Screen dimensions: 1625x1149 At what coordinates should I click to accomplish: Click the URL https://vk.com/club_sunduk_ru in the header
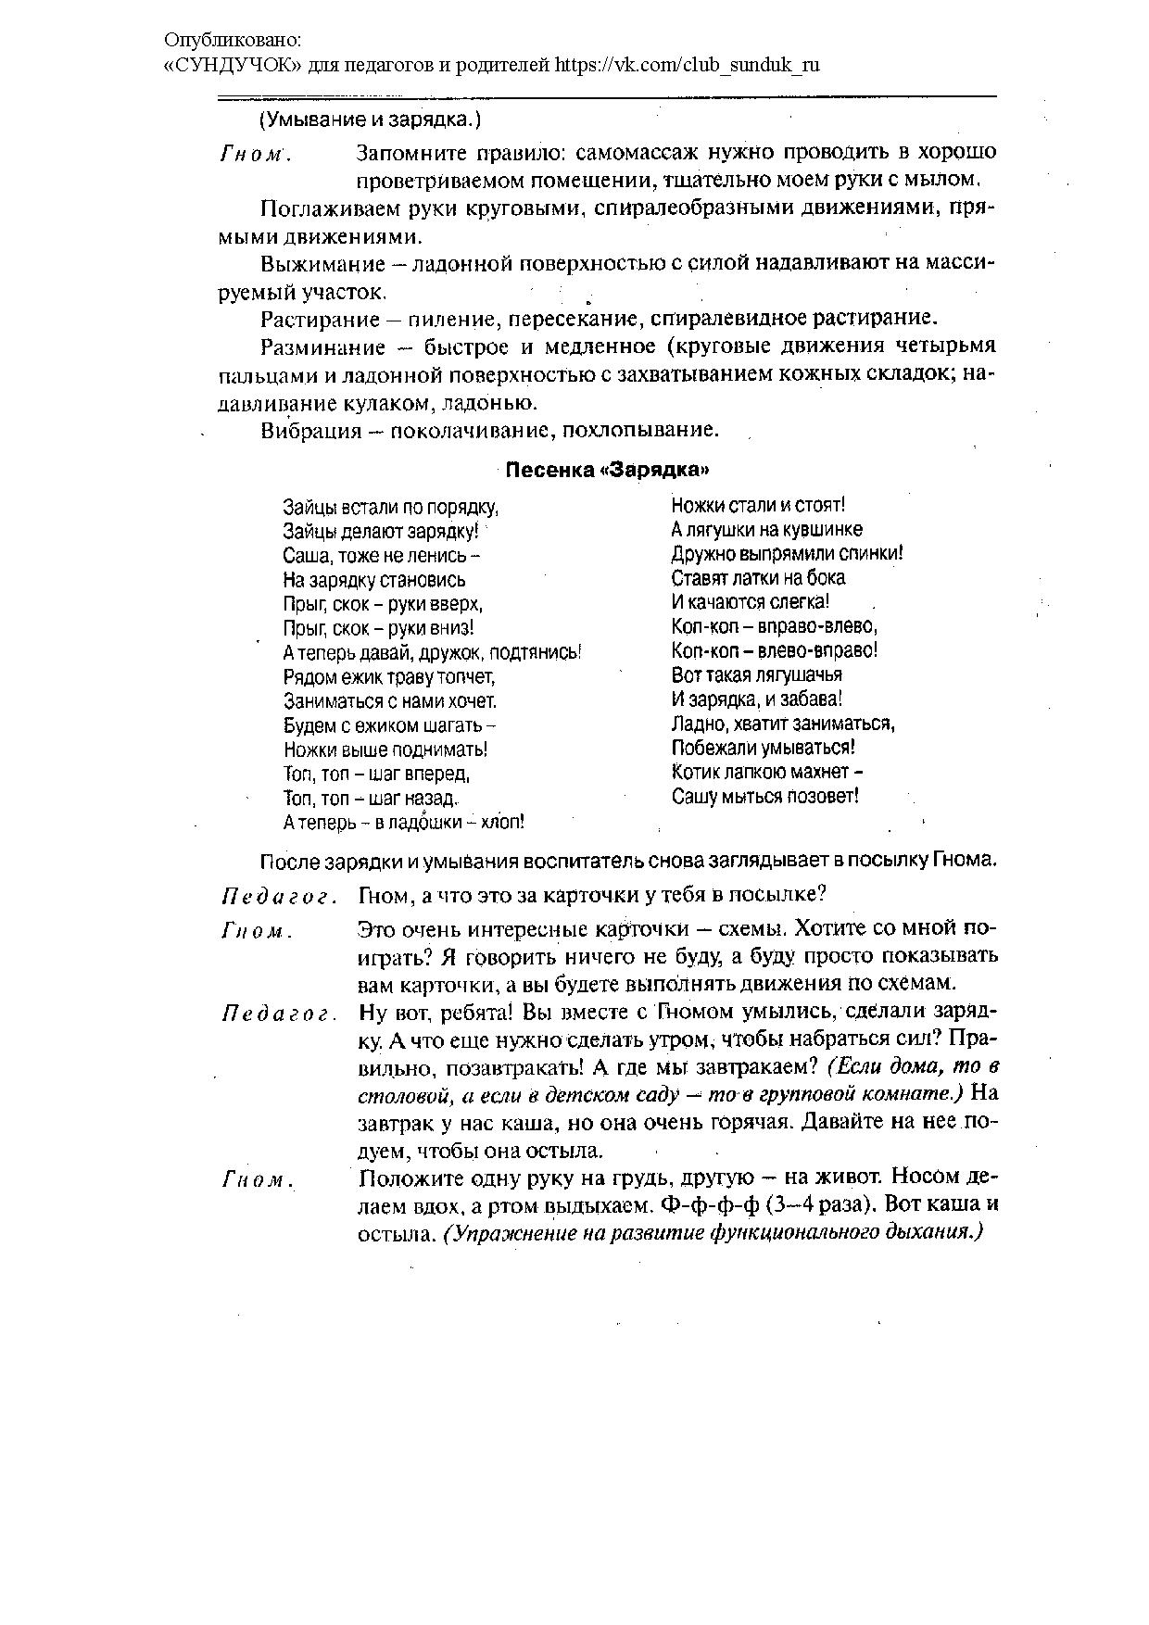pos(688,65)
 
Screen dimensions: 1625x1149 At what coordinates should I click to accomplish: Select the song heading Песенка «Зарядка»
pos(607,470)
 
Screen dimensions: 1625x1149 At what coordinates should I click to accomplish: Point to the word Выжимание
pos(309,264)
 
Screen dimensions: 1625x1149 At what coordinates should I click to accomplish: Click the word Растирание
pos(309,320)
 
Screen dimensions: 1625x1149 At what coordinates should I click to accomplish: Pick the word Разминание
pos(309,347)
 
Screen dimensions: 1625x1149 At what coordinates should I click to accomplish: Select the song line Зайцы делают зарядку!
pos(381,531)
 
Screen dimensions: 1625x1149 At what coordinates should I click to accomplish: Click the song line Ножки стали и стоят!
pos(758,506)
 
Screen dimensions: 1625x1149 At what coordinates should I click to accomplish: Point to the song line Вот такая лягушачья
pos(756,674)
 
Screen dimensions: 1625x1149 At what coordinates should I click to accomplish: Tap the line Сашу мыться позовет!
pos(765,796)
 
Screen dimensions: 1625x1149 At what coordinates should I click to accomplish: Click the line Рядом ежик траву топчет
pos(389,676)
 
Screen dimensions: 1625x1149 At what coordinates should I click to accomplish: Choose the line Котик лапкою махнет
pos(767,772)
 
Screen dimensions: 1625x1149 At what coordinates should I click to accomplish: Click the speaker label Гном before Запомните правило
pos(256,155)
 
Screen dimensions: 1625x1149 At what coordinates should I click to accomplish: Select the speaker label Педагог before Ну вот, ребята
pos(277,1014)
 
